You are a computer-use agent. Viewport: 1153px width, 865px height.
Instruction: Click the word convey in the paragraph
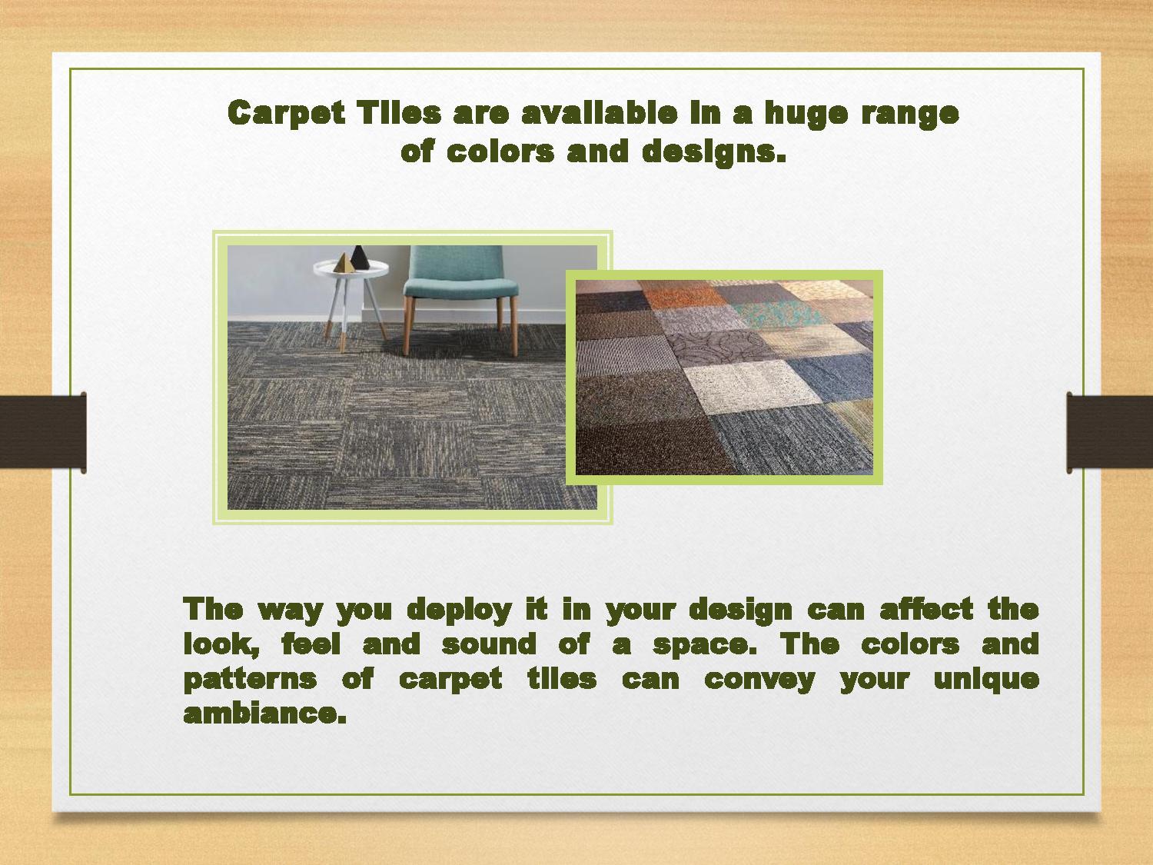point(759,680)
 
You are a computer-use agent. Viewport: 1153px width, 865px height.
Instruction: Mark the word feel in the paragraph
point(311,644)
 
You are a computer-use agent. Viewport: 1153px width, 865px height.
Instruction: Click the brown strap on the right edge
point(1111,432)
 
